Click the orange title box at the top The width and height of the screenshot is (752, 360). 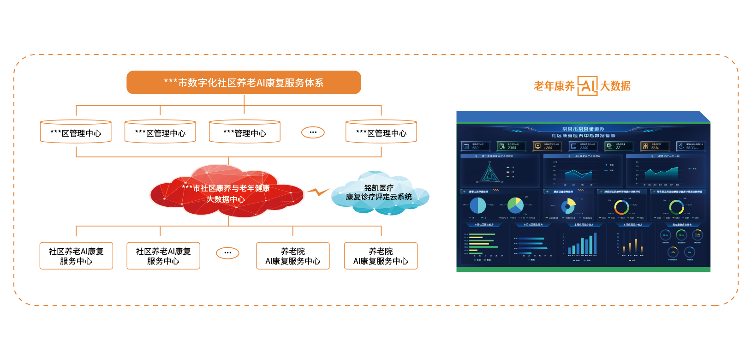tap(244, 83)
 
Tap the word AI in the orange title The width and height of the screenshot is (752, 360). tap(260, 83)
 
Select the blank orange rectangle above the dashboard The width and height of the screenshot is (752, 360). tap(582, 86)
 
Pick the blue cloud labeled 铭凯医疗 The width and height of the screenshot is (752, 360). tap(379, 193)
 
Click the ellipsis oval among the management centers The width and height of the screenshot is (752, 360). tap(313, 132)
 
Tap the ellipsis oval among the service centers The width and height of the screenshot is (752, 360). tap(227, 253)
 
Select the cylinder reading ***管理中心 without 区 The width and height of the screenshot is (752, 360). tap(245, 132)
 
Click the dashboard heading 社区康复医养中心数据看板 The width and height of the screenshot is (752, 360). tap(583, 136)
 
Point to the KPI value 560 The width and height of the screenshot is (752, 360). tap(475, 148)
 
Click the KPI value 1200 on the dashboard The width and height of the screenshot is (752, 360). tap(548, 148)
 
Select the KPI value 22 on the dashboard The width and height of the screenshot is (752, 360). tap(618, 148)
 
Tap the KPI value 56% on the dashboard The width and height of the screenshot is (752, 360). tap(655, 148)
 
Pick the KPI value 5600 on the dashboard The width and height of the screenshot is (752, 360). tap(691, 148)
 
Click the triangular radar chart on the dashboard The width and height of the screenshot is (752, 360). tap(489, 174)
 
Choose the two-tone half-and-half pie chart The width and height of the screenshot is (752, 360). tap(477, 205)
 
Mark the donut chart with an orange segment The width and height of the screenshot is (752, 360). tap(621, 207)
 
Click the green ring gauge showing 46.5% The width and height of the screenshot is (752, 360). tap(681, 235)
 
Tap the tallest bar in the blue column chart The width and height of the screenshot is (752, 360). tap(595, 243)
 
